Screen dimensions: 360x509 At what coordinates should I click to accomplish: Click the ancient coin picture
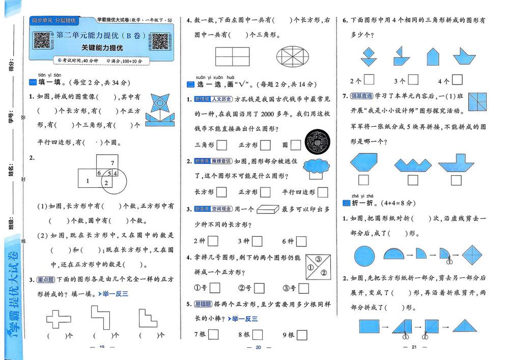click(317, 143)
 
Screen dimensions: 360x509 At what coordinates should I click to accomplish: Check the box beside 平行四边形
click(322, 192)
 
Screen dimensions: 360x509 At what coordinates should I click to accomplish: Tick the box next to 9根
click(303, 335)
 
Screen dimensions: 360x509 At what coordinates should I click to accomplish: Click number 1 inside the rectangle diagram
click(88, 180)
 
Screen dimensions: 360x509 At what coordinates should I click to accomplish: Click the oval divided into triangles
click(296, 55)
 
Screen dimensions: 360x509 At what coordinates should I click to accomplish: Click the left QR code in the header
click(42, 40)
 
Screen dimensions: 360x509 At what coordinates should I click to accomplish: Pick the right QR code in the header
click(159, 41)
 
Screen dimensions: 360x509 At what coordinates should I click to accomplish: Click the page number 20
click(258, 347)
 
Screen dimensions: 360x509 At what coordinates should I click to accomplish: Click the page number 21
click(414, 347)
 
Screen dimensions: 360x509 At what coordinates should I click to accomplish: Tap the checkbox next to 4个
click(457, 79)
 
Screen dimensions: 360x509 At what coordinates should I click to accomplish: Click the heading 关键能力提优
click(102, 48)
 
